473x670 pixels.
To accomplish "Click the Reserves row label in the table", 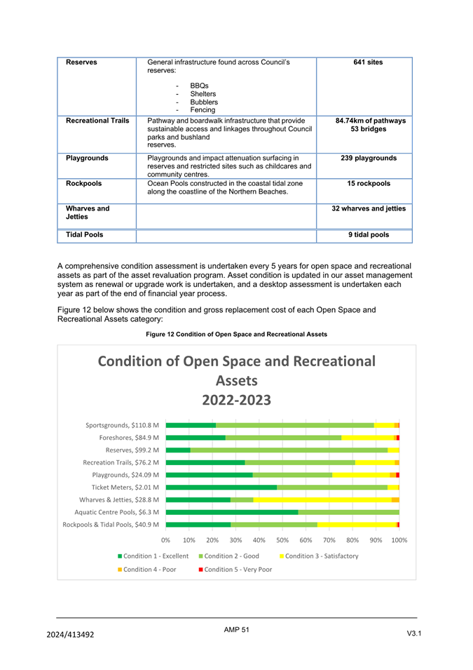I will point(81,62).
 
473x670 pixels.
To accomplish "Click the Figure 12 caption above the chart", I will point(236,335).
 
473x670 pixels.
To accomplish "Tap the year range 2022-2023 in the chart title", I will point(236,400).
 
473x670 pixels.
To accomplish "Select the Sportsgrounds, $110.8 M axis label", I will point(123,425).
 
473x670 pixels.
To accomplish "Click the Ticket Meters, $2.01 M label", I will point(125,487).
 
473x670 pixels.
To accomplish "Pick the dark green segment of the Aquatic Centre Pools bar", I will point(232,512).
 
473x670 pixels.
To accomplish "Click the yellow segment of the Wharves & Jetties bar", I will point(322,500).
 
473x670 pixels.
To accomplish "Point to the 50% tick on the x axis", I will point(282,540).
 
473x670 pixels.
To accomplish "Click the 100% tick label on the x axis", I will point(399,540).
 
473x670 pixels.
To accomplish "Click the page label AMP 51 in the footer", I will point(236,630).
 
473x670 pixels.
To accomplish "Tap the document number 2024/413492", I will point(70,634).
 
